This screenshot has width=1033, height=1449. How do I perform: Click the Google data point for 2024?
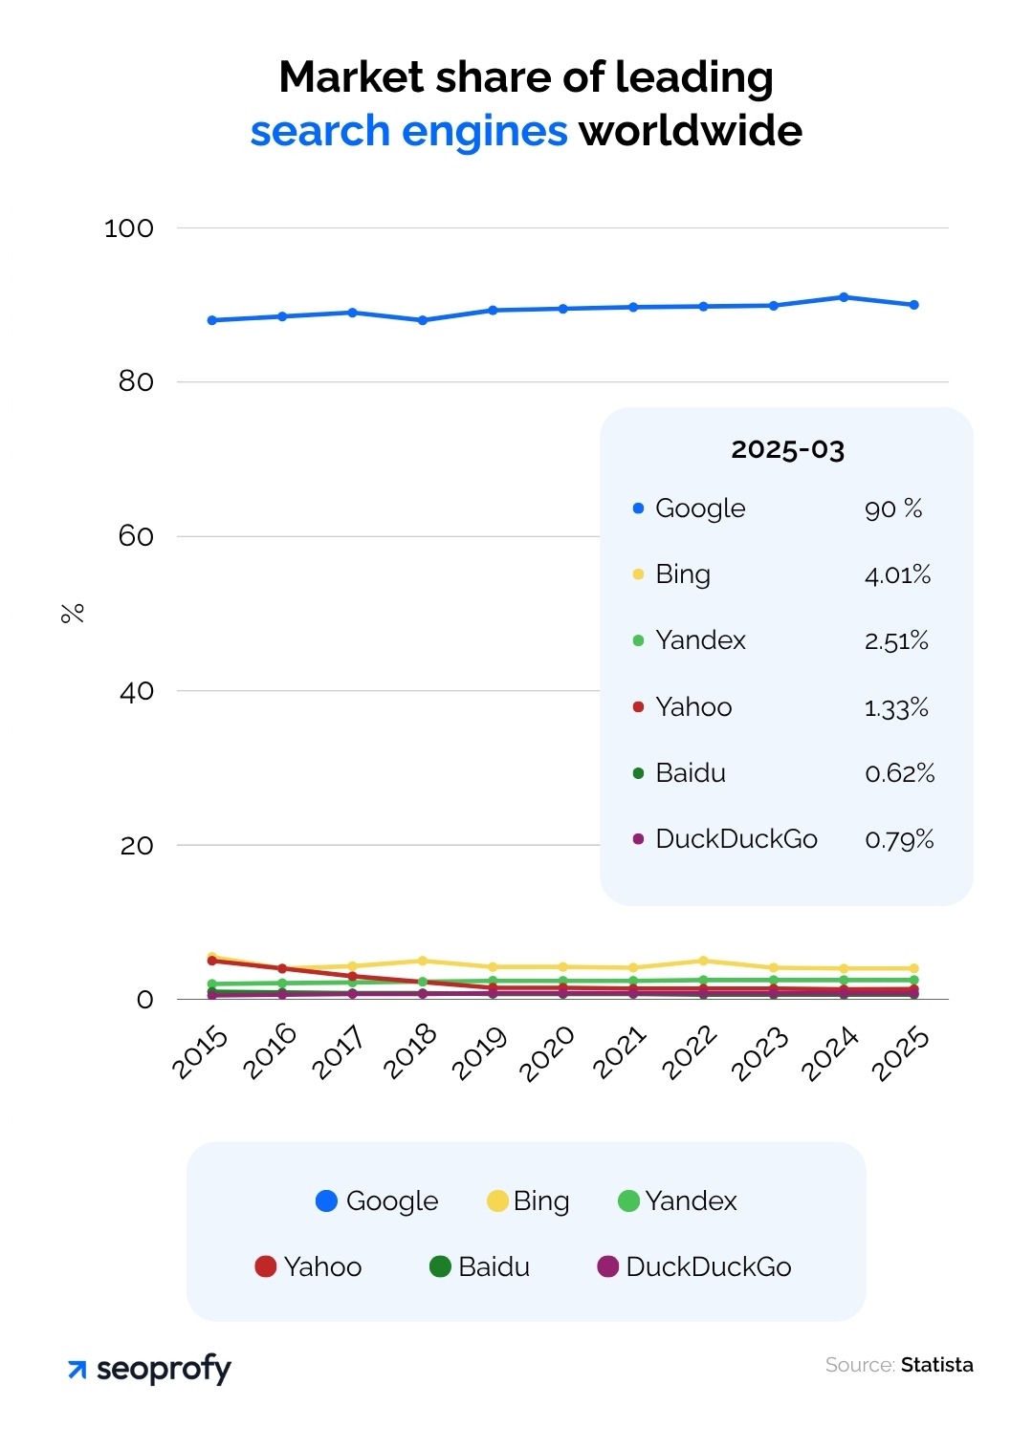point(844,297)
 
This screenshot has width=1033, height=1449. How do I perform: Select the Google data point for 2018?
point(423,320)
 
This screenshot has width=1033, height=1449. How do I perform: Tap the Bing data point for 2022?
point(703,961)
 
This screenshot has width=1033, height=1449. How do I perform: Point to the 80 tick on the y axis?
point(136,381)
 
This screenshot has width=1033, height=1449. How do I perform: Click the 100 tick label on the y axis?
point(128,228)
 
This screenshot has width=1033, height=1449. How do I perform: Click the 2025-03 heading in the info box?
point(787,449)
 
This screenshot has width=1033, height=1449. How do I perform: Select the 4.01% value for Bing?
point(897,574)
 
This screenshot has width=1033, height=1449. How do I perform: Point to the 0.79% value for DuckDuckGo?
point(899,839)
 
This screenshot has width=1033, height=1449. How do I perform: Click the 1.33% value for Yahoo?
point(896,707)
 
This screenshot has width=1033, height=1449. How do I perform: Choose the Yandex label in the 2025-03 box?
point(700,640)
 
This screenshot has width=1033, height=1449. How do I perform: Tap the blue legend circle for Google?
point(327,1201)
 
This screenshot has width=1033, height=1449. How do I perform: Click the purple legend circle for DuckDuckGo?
point(607,1267)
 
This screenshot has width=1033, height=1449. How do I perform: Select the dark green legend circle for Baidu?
point(440,1267)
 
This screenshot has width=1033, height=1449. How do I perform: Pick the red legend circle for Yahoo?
point(266,1267)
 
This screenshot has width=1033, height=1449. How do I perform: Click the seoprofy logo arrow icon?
point(77,1371)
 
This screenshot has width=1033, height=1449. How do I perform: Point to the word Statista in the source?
point(936,1365)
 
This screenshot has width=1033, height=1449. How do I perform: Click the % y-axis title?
point(73,613)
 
